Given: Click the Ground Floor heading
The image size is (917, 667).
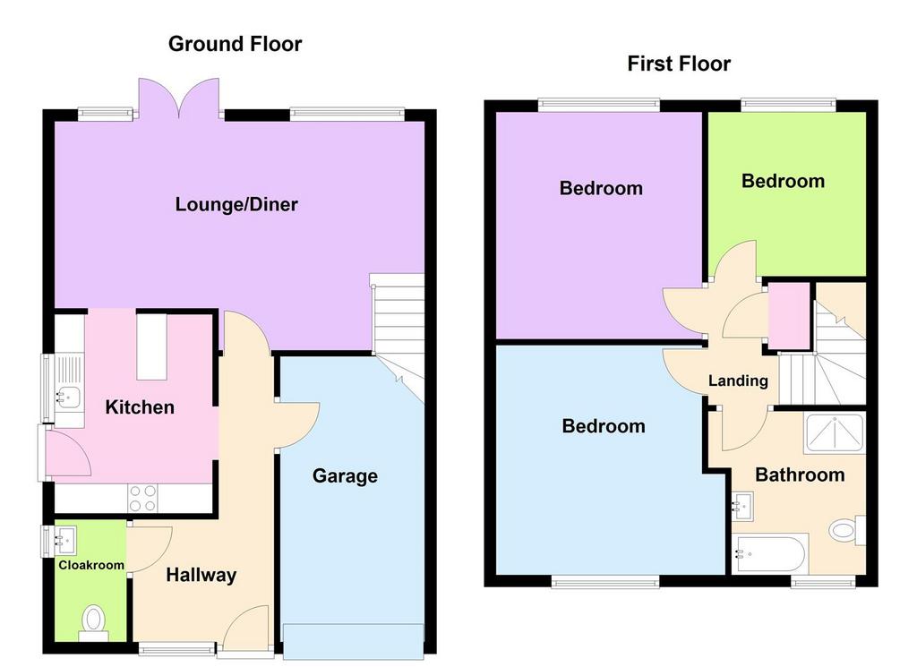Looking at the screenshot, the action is coord(236,44).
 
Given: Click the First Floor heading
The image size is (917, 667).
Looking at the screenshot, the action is coord(679,64).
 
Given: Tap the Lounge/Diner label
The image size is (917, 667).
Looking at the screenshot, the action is coord(236,204).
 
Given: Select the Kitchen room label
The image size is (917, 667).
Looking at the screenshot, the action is coord(140,406).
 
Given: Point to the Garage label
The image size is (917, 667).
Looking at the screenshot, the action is coord(345,475).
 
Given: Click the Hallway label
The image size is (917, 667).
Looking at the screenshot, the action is coord(201,575).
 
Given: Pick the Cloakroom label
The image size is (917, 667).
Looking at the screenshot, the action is coord(91,565).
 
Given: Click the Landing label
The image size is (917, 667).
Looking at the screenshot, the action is coord(738,381).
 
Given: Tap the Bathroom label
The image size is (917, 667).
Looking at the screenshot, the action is coord(800,475).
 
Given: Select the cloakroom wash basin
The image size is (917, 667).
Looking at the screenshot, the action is coord(64,540).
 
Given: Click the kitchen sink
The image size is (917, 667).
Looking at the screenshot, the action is coord(68,397).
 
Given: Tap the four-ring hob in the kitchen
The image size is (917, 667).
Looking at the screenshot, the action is coord(142,498).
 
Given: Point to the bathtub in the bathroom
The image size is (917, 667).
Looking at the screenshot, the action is coord(770,553).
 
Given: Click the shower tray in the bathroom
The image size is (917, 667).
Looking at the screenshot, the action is coord(835,433).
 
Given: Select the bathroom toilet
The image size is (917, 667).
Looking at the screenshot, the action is coord(847,530).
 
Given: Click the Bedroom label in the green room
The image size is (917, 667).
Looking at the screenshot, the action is coord(783,181).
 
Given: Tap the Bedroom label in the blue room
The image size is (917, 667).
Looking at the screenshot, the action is coord(604,425).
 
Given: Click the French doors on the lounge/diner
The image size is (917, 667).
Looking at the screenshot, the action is coord(179,98).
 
